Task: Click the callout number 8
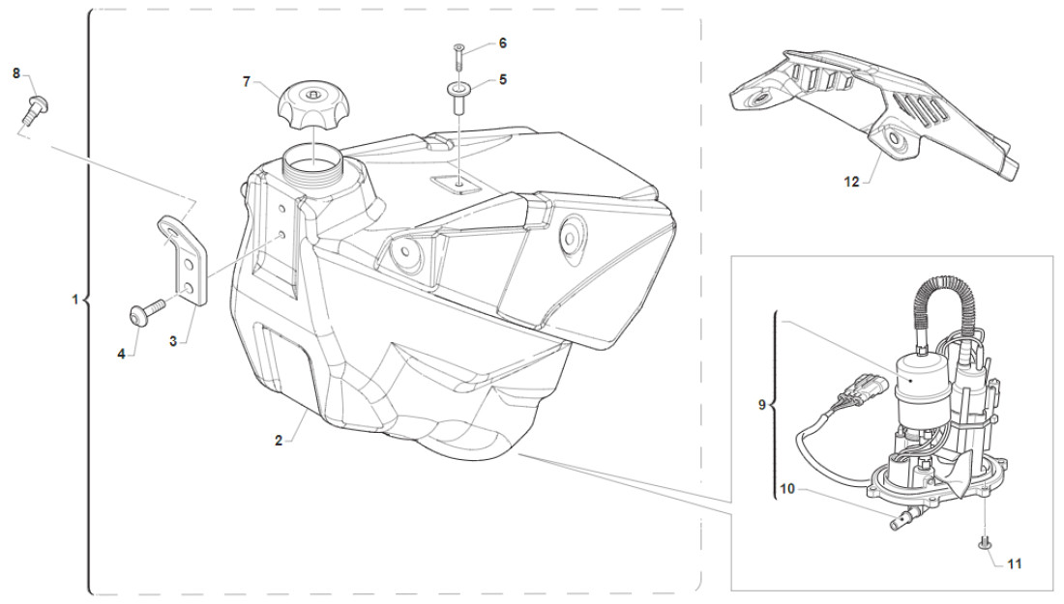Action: [16, 73]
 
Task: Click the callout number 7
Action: [247, 82]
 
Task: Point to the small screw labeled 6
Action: [458, 55]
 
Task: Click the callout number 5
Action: [503, 80]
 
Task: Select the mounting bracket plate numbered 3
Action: [188, 259]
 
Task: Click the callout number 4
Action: [122, 355]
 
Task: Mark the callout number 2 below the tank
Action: [278, 441]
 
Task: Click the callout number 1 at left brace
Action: [74, 302]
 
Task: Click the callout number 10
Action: [787, 490]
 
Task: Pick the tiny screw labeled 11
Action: [983, 543]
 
